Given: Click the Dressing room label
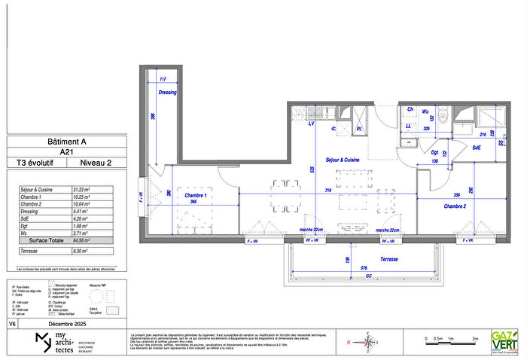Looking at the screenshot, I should tap(166, 93).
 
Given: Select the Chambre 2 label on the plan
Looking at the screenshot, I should tap(455, 206).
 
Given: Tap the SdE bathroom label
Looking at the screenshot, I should tap(477, 148).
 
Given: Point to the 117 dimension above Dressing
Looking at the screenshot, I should tap(161, 78).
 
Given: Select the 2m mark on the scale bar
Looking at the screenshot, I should tap(475, 339).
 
